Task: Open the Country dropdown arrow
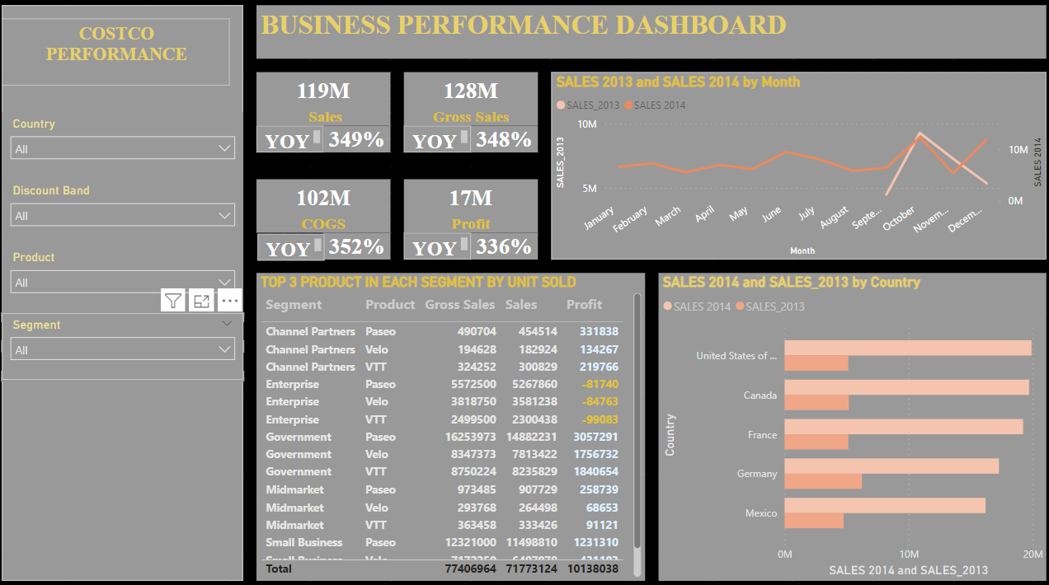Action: [x=224, y=148]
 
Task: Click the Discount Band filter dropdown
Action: [x=123, y=215]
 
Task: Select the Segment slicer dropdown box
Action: [x=123, y=349]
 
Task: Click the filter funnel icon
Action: [x=172, y=301]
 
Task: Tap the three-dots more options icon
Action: [x=230, y=301]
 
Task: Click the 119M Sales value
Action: [x=323, y=91]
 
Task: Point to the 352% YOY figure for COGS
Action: [x=356, y=246]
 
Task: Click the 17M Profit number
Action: [x=471, y=198]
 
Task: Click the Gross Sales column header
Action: [x=459, y=305]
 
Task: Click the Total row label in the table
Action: [x=278, y=568]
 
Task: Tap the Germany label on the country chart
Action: [x=757, y=474]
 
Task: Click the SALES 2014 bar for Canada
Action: [x=906, y=387]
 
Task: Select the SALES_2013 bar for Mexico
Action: [x=814, y=521]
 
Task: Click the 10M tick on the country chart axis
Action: [x=909, y=555]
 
